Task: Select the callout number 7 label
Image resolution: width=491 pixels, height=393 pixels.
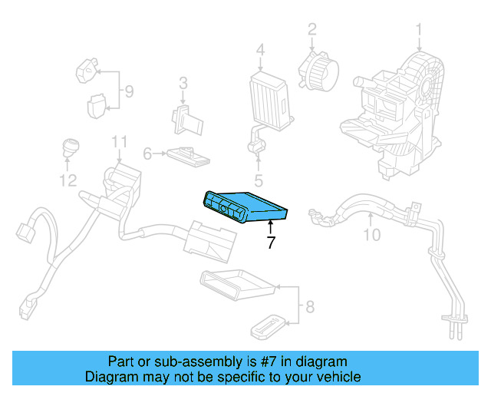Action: point(270,243)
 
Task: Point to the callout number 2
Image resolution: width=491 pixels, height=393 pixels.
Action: point(312,29)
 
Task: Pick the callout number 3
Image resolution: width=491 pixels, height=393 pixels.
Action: point(183,83)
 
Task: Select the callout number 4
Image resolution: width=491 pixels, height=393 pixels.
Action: point(260,51)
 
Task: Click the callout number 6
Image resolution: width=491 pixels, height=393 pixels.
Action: point(148,154)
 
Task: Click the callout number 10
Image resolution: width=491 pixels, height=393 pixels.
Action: point(371,235)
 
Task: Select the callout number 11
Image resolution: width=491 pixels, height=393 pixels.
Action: point(118,141)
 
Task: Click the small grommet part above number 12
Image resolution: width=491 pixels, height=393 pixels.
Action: point(70,146)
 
